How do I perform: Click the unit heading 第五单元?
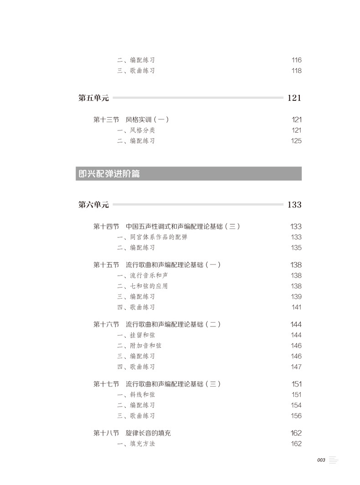click(x=94, y=98)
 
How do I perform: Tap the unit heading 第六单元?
click(x=94, y=205)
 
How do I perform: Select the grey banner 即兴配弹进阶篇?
click(x=188, y=174)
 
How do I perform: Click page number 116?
click(x=296, y=60)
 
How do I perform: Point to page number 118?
click(x=296, y=71)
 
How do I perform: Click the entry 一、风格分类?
click(x=136, y=130)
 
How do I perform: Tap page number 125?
click(x=296, y=141)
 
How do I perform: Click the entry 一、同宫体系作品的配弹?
click(x=152, y=237)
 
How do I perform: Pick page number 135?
click(x=296, y=248)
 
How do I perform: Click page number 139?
click(x=296, y=297)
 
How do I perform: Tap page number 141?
click(x=296, y=307)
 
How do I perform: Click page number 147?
click(x=296, y=367)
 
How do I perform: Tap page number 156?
click(x=296, y=416)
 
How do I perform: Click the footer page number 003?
click(x=320, y=460)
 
